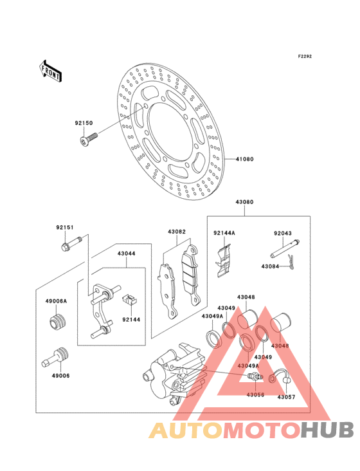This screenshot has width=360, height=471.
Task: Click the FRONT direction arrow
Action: pos(50,71)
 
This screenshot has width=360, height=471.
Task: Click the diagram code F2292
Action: pos(305,56)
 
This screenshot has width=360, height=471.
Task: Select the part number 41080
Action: pos(244,159)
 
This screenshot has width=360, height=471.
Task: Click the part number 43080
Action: pos(244,202)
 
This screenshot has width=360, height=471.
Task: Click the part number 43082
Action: pos(177,232)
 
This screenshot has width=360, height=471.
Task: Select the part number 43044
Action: pos(126,254)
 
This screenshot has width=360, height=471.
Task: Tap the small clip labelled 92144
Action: pos(129,299)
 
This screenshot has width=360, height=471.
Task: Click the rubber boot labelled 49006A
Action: pos(58,322)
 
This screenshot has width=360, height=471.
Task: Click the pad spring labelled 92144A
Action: pos(223,261)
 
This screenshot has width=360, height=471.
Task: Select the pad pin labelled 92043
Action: pos(285,249)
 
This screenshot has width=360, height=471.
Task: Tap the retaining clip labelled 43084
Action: pos(291,262)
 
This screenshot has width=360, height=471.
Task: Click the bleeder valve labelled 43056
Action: pos(255,376)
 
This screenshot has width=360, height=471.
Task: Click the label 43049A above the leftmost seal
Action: pos(212,316)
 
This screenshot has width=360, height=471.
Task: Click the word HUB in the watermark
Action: pos(328,430)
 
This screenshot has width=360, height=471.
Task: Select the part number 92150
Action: pos(84,123)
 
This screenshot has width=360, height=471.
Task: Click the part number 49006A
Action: pos(56,301)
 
